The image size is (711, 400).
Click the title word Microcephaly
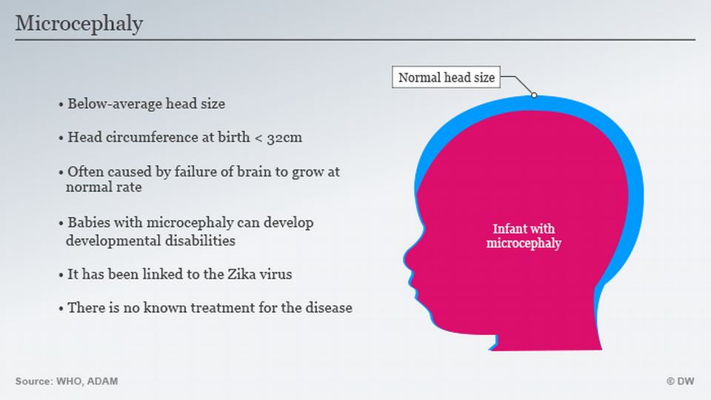point(79,24)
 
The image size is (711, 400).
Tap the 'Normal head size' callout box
point(446,77)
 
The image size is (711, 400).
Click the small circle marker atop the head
point(534,96)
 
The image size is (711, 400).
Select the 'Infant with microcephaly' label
point(524,236)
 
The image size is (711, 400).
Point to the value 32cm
point(284,138)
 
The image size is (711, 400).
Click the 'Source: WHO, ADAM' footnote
point(67,381)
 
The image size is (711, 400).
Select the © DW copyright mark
point(680,381)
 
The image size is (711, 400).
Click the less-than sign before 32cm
point(258,138)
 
